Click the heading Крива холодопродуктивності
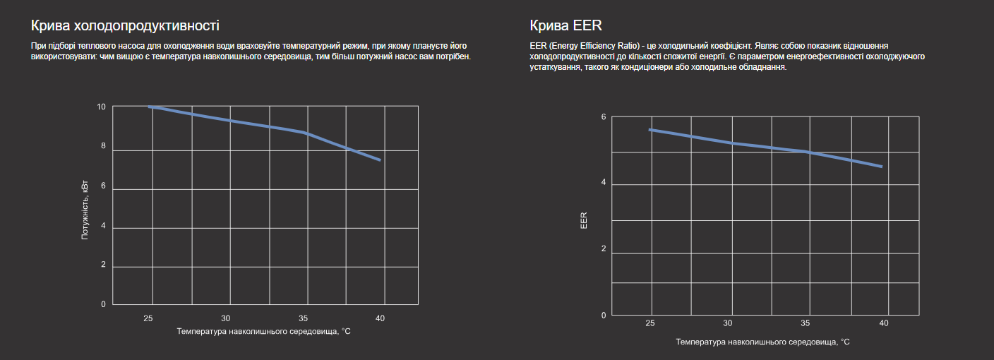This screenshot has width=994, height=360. pos(125,26)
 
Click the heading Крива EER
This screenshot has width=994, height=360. pos(565,26)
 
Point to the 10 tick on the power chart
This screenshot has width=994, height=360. pos(102,107)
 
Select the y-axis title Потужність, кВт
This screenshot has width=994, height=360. pos(85,209)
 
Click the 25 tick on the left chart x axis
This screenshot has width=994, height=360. pos(148,318)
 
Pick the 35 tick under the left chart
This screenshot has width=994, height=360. pos(303,318)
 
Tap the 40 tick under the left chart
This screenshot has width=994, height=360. pos(380,318)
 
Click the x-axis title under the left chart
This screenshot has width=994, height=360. pos(264,331)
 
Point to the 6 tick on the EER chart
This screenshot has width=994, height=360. pos(604,116)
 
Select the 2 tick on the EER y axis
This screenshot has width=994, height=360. pos(604,249)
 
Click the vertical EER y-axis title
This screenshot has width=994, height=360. pos(584,220)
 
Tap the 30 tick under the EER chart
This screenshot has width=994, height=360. pos(727,323)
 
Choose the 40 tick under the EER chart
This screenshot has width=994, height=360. pos(883,323)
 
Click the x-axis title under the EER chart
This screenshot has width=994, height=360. pos(762,342)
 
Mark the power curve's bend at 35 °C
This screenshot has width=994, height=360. pos(305,133)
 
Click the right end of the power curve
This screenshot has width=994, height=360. pos(381,160)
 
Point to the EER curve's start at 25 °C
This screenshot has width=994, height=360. pos(650,130)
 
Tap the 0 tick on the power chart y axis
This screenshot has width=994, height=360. pos(103,304)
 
